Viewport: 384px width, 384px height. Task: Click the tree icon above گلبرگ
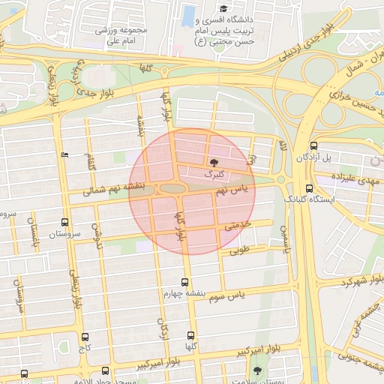pos(214,162)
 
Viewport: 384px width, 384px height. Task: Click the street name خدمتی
pos(237,223)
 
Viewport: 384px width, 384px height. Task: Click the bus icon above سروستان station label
pos(65,223)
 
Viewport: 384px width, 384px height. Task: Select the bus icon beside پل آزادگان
pos(313,146)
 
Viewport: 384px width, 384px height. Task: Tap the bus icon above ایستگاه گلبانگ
pos(309,189)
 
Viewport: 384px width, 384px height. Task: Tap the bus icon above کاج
pos(85,337)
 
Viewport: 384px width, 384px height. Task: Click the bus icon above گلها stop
pos(191,335)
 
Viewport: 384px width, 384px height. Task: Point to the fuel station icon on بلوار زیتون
pos(64,155)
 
